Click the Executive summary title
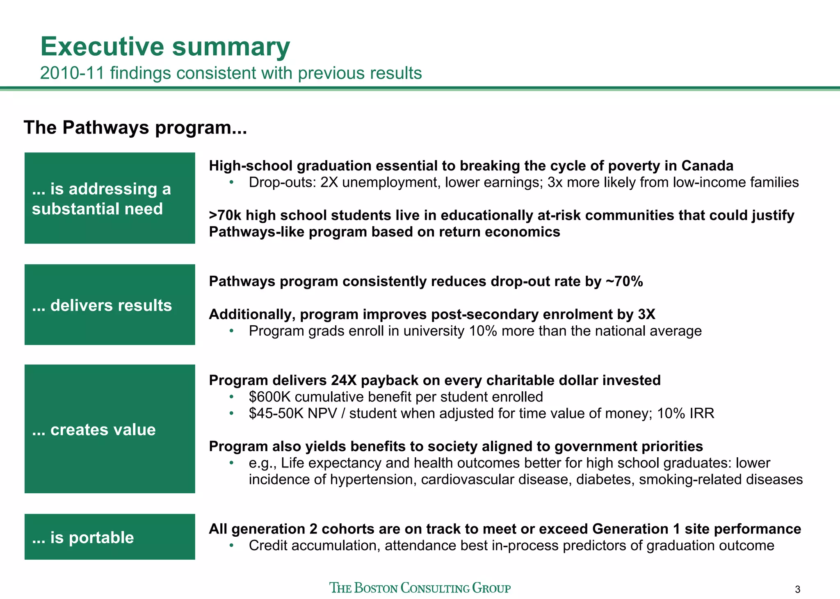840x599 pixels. (x=165, y=47)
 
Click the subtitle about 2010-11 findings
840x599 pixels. (x=231, y=73)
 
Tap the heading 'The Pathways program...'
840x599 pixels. (x=135, y=127)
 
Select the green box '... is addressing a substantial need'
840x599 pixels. (x=110, y=198)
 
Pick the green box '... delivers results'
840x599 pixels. (x=110, y=305)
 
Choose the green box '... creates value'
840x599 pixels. (x=110, y=429)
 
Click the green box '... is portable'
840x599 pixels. (x=110, y=537)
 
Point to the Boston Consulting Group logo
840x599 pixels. (x=420, y=588)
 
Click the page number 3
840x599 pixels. (x=797, y=590)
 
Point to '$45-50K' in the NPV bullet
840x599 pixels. (x=276, y=413)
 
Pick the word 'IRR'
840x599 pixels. (x=702, y=413)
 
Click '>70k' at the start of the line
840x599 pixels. (x=225, y=215)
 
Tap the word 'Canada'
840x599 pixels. (x=707, y=166)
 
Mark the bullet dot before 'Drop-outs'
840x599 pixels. (x=231, y=182)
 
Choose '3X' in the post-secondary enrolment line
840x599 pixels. (x=646, y=314)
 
